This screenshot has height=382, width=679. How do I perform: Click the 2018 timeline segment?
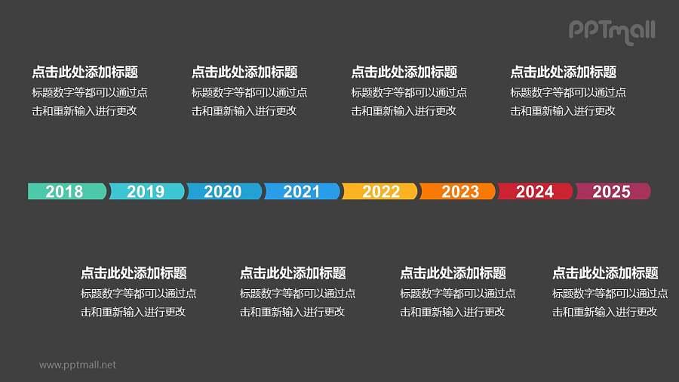point(66,191)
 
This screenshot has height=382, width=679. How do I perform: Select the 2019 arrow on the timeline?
point(146,191)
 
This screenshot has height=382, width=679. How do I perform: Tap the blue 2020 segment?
point(223,191)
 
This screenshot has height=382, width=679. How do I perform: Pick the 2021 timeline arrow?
point(302,191)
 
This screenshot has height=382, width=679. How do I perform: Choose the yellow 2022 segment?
point(380,191)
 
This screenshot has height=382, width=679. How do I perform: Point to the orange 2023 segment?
point(459,191)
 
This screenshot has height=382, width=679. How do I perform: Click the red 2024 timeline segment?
point(536,191)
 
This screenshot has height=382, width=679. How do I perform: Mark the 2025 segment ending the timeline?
point(612,191)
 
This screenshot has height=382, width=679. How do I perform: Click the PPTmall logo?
point(612,31)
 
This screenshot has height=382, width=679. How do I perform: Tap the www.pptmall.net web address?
point(78,365)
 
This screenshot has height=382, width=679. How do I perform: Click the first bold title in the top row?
point(84,72)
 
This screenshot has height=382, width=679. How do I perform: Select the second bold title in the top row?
point(244,72)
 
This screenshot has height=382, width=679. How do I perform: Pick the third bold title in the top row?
point(404,72)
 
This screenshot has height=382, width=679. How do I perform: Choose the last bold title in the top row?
point(563,72)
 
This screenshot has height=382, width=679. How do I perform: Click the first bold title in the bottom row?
point(134,273)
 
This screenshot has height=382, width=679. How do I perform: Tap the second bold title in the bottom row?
point(293,273)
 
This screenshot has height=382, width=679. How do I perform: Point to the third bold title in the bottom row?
point(453,273)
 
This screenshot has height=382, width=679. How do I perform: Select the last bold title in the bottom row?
point(605,273)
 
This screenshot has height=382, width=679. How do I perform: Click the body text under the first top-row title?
point(89,102)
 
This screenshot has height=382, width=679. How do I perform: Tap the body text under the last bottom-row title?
point(610,303)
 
